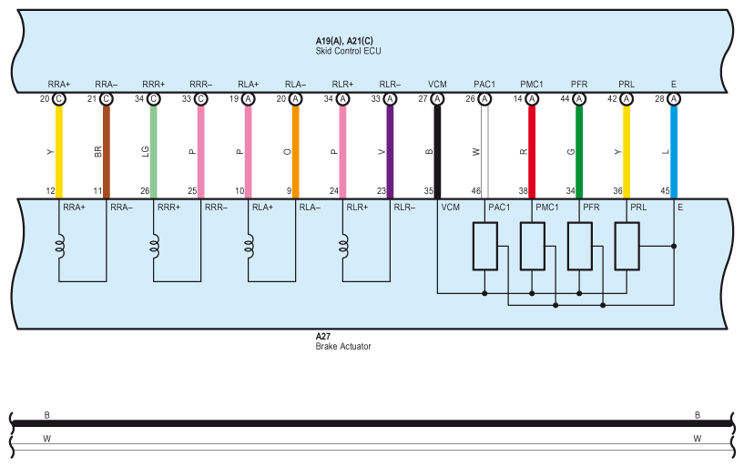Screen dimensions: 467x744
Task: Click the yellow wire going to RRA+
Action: tap(59, 150)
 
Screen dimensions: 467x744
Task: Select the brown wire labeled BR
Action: tap(107, 150)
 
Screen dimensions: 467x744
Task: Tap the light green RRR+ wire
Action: tap(154, 150)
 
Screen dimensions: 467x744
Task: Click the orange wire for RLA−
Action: tap(296, 150)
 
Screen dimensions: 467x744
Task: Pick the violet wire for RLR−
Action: tap(390, 150)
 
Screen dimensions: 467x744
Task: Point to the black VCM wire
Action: tap(437, 150)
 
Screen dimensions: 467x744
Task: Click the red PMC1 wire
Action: tap(532, 150)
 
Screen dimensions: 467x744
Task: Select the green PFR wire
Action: tap(579, 150)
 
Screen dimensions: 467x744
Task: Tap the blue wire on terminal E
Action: tap(674, 150)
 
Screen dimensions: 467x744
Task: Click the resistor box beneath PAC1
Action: tap(484, 246)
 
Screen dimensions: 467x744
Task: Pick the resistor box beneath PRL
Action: tap(627, 246)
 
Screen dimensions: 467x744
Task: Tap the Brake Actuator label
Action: tap(343, 346)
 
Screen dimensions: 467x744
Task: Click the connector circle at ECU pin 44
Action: tap(579, 99)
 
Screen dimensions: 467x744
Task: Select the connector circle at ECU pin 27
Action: tap(437, 99)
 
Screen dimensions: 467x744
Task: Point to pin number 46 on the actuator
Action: tap(475, 191)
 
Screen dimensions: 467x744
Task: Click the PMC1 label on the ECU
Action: tap(532, 84)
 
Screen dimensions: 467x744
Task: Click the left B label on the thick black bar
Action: tap(47, 415)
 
